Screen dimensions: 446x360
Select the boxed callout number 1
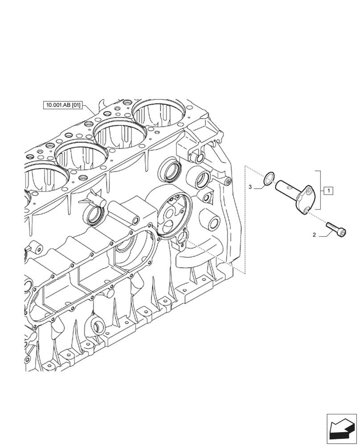[327, 191]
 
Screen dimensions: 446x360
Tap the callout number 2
[314, 235]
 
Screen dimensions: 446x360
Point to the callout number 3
[250, 187]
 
